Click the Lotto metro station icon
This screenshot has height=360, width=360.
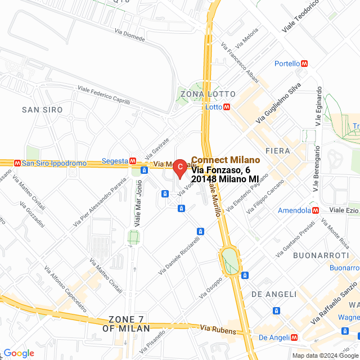[227, 107]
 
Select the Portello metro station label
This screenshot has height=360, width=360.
[287, 64]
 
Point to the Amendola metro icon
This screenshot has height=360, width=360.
[316, 210]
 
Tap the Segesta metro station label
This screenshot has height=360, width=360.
[115, 161]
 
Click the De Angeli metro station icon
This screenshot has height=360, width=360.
[294, 337]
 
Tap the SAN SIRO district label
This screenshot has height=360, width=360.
[42, 109]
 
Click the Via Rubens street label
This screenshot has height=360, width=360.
[218, 328]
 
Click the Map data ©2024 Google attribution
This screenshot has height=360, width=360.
[325, 355]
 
